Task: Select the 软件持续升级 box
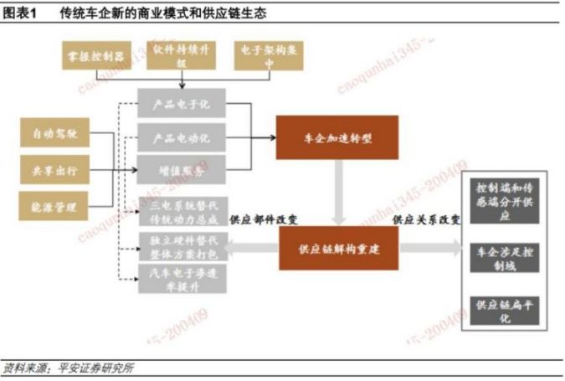coord(182,55)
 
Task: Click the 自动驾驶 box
coord(54,134)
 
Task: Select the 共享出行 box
coord(54,170)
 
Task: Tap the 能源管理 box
coord(54,205)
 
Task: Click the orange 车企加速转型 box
coord(337,136)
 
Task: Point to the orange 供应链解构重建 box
coord(337,248)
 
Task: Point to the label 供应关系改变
coord(426,219)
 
